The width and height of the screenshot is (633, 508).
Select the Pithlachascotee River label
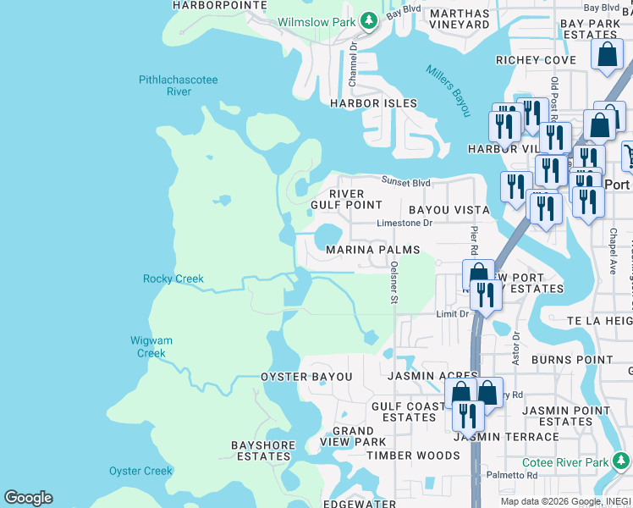pos(179,86)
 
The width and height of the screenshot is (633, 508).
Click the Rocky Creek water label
pos(173,279)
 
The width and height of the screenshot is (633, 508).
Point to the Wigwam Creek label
pos(151,346)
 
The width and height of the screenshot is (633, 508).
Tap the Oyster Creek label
pos(140,471)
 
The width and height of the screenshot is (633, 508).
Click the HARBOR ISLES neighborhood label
pos(373,103)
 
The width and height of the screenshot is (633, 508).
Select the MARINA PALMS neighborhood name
pos(373,250)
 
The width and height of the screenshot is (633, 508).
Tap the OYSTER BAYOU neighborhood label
pos(306,376)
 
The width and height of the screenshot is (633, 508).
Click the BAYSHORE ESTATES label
pos(263,450)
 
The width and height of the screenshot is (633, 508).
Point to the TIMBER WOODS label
pos(414,456)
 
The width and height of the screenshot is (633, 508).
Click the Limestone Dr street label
pos(405,223)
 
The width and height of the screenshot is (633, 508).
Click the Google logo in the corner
pos(28,498)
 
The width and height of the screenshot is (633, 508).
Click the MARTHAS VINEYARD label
pos(459,19)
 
